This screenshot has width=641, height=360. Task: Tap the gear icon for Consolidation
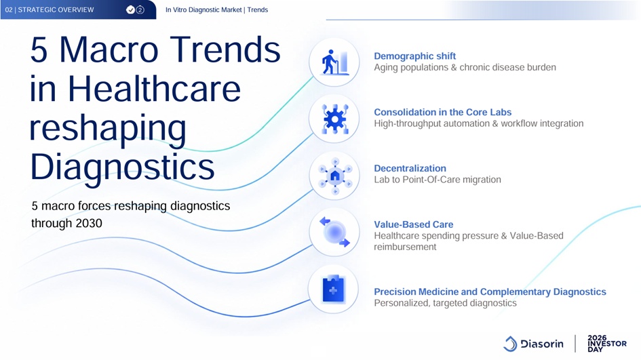click(x=335, y=119)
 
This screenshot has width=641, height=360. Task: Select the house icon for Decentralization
click(x=335, y=176)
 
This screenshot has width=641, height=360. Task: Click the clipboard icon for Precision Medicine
click(x=333, y=289)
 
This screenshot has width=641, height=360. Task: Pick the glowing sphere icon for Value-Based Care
click(x=335, y=232)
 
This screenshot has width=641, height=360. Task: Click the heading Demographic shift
click(x=414, y=56)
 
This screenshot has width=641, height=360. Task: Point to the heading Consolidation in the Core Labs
click(x=442, y=112)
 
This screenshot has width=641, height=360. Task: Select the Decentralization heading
click(x=410, y=168)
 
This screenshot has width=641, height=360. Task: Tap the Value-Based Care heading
click(x=413, y=224)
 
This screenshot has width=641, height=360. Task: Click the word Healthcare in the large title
click(x=154, y=89)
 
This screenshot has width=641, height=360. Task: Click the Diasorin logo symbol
click(x=510, y=344)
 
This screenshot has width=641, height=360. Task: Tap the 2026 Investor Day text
click(x=606, y=343)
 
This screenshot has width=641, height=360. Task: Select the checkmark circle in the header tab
click(x=130, y=9)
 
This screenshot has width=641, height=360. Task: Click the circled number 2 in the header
click(x=140, y=9)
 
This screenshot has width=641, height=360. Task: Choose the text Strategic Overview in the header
click(x=56, y=9)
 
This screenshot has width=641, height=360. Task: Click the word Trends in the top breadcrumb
click(x=258, y=9)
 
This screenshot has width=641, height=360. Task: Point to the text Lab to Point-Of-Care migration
click(x=437, y=180)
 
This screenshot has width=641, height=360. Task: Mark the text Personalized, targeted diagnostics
click(x=445, y=303)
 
